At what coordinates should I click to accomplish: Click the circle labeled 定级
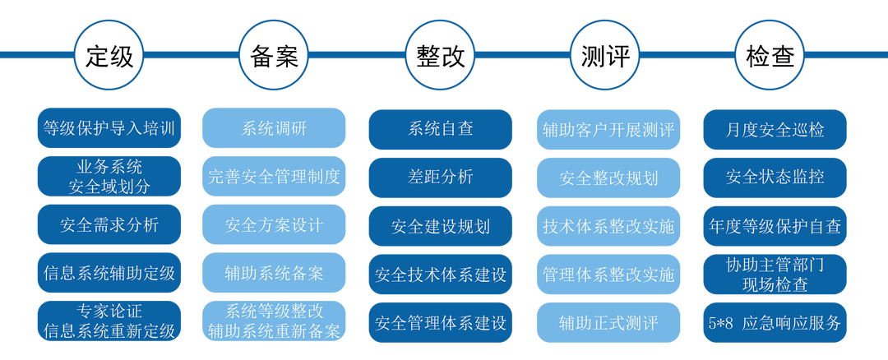(x=109, y=55)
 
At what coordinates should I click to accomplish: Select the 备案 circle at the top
(x=275, y=55)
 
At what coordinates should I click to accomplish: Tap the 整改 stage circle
(x=440, y=55)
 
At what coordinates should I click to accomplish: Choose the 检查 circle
(x=770, y=55)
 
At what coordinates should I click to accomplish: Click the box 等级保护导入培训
(x=109, y=128)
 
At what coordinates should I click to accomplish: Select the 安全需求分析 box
(x=109, y=224)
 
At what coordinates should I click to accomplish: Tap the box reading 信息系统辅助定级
(x=109, y=273)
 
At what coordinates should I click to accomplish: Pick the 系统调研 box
(x=275, y=129)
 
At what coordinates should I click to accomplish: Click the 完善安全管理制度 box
(x=275, y=176)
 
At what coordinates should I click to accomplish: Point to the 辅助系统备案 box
(x=275, y=273)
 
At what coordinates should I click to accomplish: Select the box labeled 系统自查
(x=440, y=129)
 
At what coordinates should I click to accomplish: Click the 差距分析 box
(x=440, y=177)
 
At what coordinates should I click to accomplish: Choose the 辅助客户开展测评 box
(x=608, y=129)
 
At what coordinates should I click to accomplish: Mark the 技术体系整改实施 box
(x=608, y=225)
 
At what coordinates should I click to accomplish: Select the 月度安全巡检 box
(x=775, y=129)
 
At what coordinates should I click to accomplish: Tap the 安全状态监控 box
(x=775, y=177)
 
